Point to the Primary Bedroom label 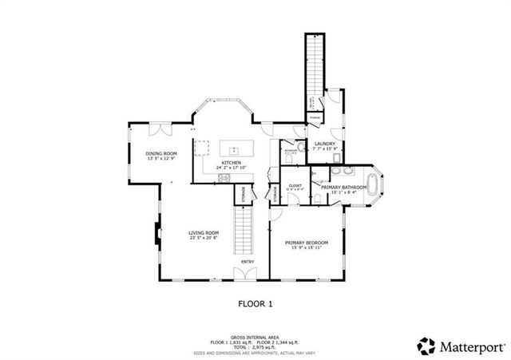click(x=307, y=242)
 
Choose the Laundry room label click(x=324, y=144)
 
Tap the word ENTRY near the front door click(x=248, y=261)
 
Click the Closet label click(x=295, y=185)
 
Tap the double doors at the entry click(x=246, y=275)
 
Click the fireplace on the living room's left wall click(x=156, y=234)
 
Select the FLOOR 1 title click(x=255, y=303)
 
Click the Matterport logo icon click(x=427, y=346)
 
